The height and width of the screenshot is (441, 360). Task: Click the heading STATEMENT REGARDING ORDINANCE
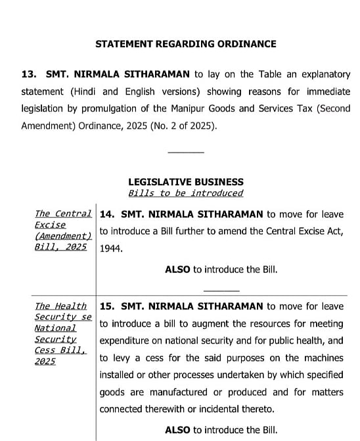186,44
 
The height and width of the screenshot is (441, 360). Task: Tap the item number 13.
29,74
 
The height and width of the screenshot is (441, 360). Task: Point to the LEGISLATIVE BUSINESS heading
186,181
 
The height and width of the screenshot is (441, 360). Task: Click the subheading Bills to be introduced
186,193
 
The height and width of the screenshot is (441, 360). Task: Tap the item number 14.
107,214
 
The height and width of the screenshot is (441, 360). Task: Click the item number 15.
107,306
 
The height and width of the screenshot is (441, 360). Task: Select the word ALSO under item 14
177,269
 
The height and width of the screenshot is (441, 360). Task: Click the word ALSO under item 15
177,430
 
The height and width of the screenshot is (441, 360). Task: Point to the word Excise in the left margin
51,225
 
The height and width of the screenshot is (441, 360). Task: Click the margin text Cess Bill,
60,350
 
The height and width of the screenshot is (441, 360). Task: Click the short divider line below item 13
186,152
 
